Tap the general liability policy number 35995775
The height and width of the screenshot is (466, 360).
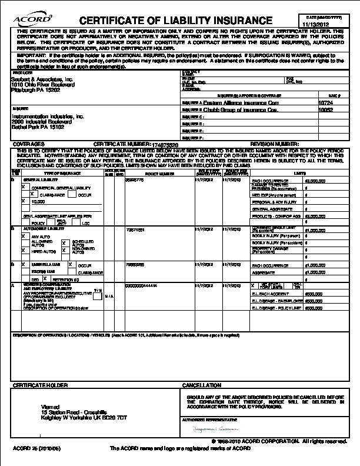click(x=135, y=181)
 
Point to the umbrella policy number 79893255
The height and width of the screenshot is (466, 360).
click(x=135, y=265)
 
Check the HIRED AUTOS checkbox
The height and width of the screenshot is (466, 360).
click(x=24, y=251)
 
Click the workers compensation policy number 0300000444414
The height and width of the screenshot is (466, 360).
click(x=141, y=285)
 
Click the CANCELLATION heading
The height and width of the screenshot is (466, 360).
click(x=202, y=385)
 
